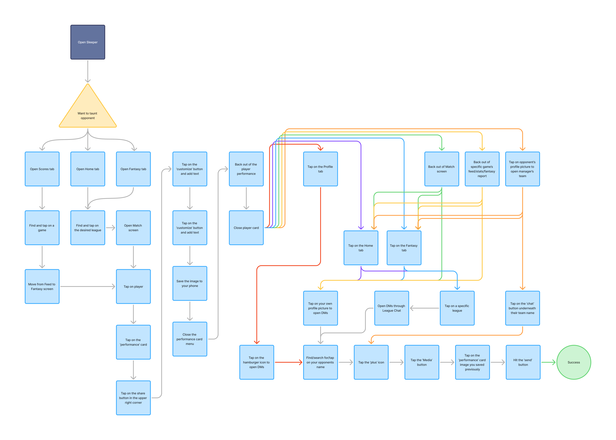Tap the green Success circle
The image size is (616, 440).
tap(573, 362)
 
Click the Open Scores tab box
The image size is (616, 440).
tap(42, 169)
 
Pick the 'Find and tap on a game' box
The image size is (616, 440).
tap(42, 228)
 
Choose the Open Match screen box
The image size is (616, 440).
tap(133, 228)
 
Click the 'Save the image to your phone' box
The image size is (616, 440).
tap(190, 283)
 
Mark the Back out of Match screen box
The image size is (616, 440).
tap(442, 169)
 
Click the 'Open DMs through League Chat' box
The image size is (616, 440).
tap(391, 308)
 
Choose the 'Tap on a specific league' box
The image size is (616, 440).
tap(457, 308)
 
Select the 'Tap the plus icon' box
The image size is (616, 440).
tap(371, 362)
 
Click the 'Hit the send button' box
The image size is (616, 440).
tap(523, 362)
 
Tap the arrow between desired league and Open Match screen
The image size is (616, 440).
tap(110, 228)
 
